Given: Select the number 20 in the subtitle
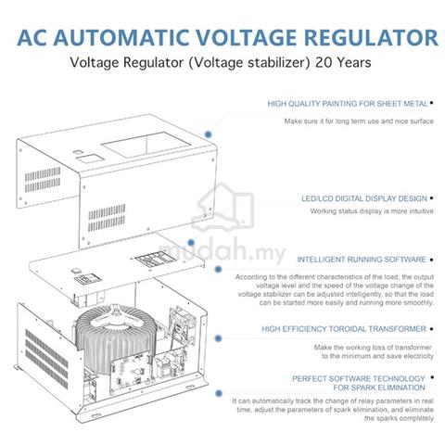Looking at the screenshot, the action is (324, 62).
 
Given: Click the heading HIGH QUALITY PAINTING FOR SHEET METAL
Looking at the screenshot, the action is (348, 104).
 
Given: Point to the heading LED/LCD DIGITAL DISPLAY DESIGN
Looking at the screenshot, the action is (364, 198).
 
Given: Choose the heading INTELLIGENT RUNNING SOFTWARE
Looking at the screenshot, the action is (362, 260).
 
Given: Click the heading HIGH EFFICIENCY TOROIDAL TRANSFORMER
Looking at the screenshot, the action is (344, 329).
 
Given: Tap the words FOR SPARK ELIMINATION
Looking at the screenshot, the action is (379, 388).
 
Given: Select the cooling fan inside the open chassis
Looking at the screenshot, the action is (182, 324).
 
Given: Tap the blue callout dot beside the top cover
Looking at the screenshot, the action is (209, 134).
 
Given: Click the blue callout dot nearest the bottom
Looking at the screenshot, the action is (219, 393).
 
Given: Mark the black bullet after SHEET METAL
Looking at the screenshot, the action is (431, 103).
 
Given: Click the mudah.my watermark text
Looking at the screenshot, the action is (222, 252).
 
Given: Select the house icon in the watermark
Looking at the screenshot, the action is (222, 207).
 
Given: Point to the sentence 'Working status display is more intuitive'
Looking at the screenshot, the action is (372, 211).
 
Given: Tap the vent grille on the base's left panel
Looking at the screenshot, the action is (46, 359).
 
